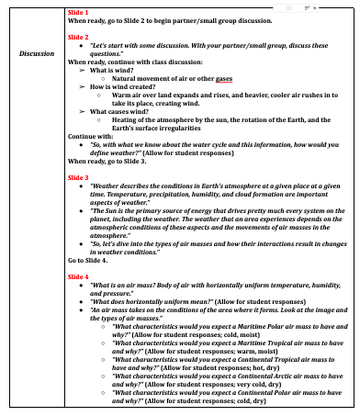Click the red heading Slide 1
click(79, 12)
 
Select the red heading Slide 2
click(79, 36)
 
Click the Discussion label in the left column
click(36, 53)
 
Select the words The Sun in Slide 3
click(103, 209)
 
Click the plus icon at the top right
click(318, 6)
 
